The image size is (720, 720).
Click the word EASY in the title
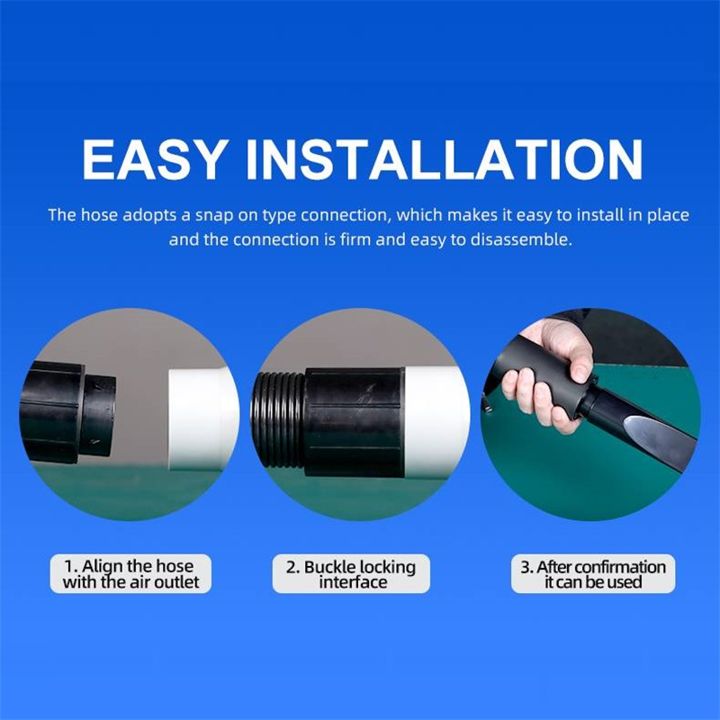(155, 159)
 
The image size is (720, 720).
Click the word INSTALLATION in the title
(445, 159)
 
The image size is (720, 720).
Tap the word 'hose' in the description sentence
(99, 215)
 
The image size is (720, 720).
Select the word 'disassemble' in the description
(519, 239)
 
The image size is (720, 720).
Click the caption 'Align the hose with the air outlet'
(130, 574)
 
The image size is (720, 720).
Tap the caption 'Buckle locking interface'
(351, 574)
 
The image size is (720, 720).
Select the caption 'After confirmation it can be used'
(593, 574)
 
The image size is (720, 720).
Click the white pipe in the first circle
(202, 418)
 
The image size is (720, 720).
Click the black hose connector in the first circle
(68, 412)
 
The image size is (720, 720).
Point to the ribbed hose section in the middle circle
(278, 419)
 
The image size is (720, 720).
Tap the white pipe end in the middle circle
(436, 421)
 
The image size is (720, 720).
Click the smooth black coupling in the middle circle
(354, 422)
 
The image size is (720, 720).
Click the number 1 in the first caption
(69, 567)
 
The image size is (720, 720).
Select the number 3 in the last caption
(526, 568)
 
